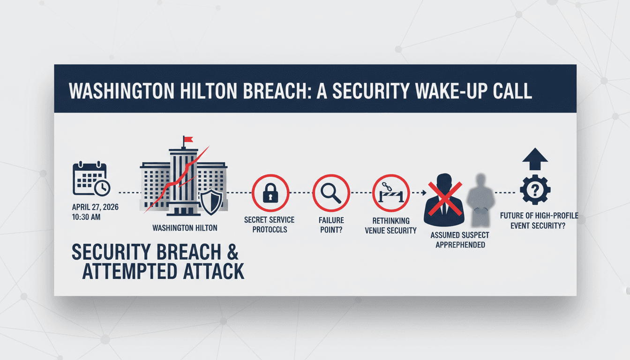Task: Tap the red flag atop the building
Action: (x=188, y=139)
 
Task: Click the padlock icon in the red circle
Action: (x=270, y=193)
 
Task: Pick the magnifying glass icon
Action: (x=331, y=193)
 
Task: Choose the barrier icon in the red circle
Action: (x=390, y=193)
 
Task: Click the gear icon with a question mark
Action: (x=535, y=190)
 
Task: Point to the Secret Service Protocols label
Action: (x=269, y=225)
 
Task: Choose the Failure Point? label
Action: (x=331, y=225)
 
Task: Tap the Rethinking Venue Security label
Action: (x=390, y=225)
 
